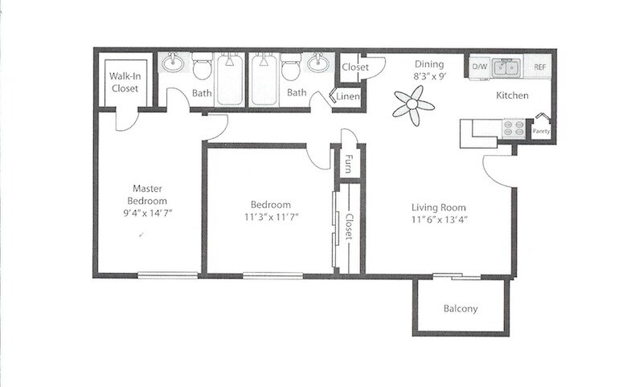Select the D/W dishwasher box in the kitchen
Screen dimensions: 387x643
coord(480,67)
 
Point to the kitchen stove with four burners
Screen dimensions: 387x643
coord(513,129)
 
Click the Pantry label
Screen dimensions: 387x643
coord(541,132)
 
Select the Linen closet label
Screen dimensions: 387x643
coord(348,96)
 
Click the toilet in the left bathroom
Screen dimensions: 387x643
coord(201,67)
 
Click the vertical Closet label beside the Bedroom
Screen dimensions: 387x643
coord(350,227)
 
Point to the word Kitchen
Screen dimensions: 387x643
coord(511,96)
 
